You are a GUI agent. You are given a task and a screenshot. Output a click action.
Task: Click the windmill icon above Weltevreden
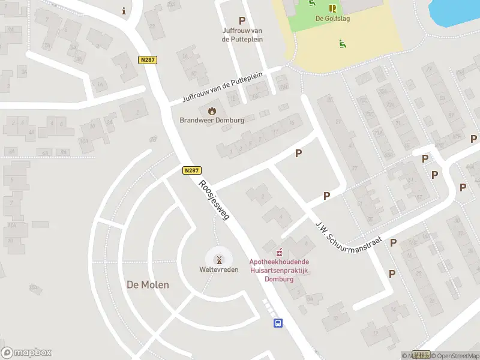219,259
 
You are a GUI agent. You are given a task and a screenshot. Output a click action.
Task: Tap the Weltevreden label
219,270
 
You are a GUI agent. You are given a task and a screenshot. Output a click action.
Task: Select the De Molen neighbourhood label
148,284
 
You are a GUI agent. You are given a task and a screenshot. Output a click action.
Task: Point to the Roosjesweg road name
214,200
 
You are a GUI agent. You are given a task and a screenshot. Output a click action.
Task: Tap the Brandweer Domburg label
212,120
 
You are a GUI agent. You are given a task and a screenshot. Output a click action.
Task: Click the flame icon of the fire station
212,110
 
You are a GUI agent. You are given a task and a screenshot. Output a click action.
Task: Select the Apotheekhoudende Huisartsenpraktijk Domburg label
279,271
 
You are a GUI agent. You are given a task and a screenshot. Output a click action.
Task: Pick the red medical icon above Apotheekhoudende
278,253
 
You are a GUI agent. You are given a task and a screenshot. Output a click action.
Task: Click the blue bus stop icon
278,323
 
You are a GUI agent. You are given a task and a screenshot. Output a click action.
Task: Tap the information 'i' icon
124,11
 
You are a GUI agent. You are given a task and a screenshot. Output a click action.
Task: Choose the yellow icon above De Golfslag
332,8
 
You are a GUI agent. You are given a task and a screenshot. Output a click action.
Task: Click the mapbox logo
26,353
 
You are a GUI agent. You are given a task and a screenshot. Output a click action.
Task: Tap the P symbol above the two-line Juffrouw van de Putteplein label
242,20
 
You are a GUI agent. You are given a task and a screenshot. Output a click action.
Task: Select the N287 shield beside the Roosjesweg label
192,170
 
